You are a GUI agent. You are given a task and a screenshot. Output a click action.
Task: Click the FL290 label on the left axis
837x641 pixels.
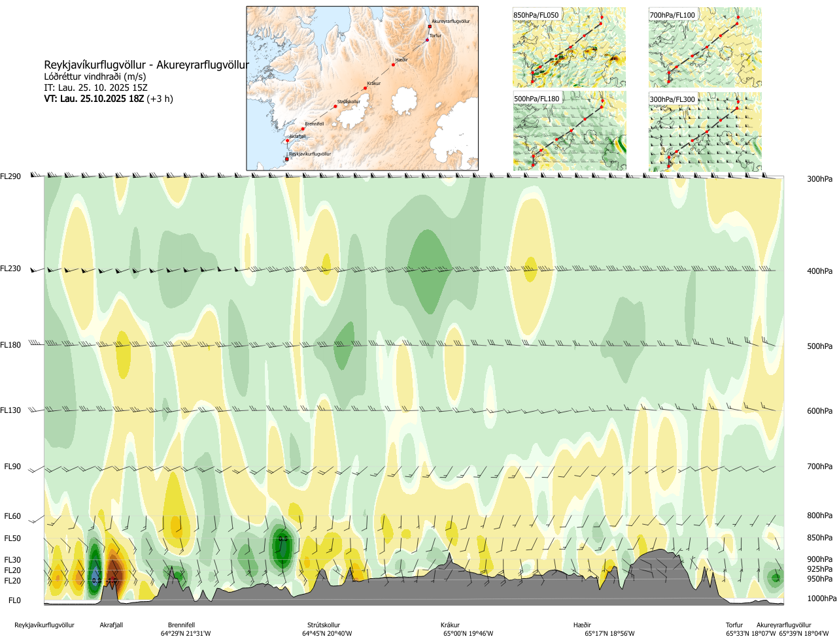[10, 176]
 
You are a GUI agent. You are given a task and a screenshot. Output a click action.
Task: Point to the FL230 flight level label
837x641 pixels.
[10, 269]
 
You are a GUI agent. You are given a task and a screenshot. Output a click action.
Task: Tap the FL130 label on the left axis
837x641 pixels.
[10, 410]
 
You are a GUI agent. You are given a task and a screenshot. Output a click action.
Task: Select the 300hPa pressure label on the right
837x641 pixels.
[819, 179]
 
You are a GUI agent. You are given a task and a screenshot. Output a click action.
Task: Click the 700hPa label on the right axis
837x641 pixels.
[819, 467]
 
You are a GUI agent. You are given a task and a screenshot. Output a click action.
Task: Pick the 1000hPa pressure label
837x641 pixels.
[821, 599]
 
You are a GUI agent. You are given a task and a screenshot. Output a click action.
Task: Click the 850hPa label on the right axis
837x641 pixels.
[819, 538]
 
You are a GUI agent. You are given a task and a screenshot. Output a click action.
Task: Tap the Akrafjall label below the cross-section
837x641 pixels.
[111, 625]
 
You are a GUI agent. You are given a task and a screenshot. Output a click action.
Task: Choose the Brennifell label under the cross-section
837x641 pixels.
[181, 625]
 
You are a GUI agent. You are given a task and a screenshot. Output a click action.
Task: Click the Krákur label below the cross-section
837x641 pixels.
[450, 625]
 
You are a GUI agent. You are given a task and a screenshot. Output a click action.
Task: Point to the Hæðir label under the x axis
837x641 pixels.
[582, 625]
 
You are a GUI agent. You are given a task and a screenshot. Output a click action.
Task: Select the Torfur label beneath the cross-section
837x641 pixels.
[734, 625]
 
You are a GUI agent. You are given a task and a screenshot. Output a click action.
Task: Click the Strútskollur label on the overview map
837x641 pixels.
[349, 102]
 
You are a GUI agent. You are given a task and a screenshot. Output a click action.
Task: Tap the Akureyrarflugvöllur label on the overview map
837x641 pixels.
[451, 22]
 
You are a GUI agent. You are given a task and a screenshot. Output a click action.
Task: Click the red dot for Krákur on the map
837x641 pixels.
[365, 88]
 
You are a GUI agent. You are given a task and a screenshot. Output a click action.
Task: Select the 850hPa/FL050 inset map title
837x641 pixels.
[536, 15]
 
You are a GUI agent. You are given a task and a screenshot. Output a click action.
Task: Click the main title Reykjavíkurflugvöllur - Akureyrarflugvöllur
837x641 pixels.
[146, 65]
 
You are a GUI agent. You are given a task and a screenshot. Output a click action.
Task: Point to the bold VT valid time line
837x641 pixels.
[109, 99]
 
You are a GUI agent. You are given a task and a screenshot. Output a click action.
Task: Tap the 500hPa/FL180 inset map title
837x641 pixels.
[537, 99]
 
